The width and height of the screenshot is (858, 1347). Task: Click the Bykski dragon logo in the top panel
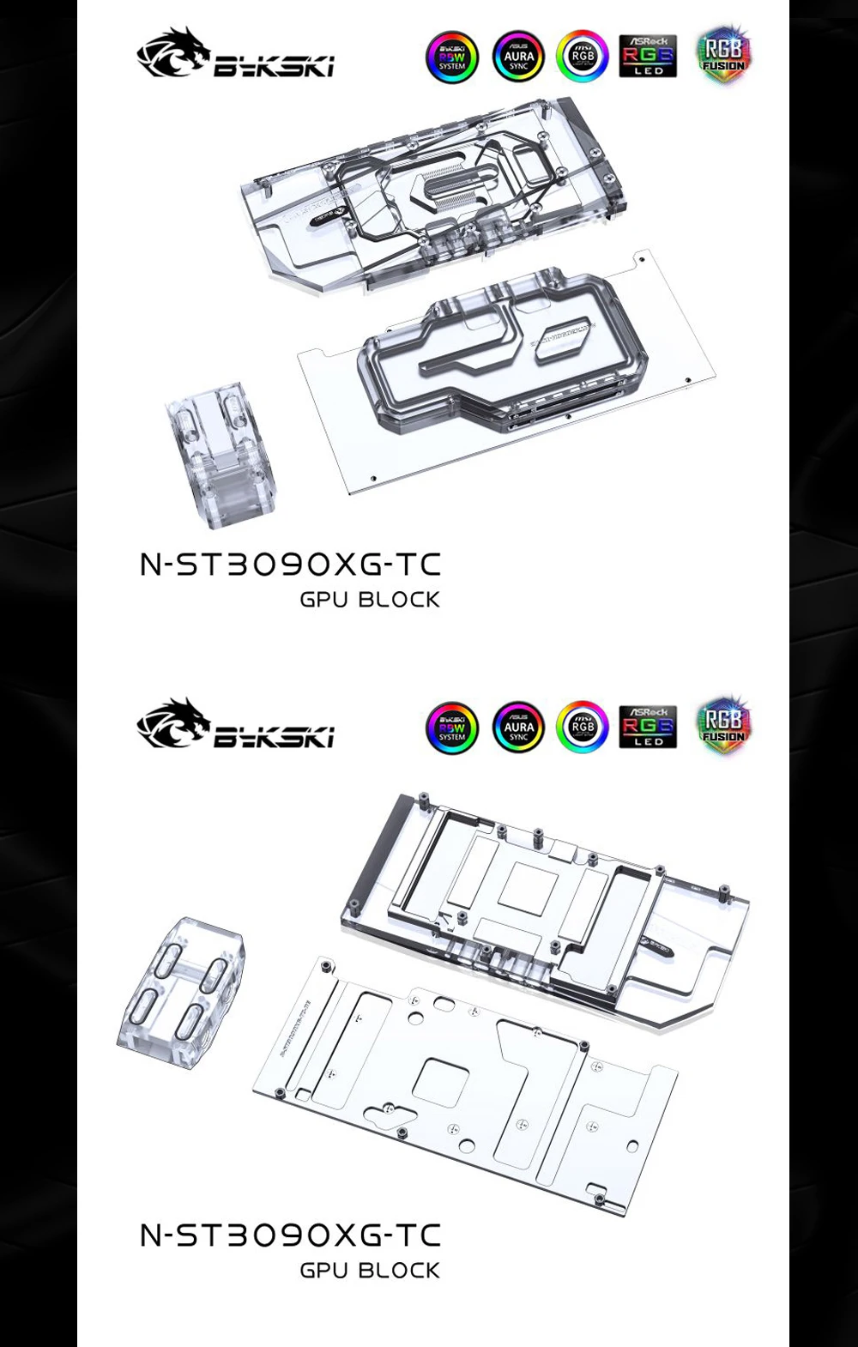(174, 52)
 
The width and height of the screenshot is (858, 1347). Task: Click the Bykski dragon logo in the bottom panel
(174, 723)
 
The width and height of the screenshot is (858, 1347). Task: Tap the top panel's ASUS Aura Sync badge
(518, 57)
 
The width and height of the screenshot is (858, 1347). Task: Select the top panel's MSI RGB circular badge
(583, 57)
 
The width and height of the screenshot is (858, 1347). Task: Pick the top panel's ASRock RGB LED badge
(648, 56)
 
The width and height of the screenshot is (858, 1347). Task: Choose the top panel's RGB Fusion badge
(723, 55)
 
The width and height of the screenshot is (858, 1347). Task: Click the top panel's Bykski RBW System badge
(452, 57)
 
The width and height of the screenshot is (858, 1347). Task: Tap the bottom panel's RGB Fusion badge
(723, 726)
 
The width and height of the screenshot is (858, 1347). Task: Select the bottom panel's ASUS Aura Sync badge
(518, 728)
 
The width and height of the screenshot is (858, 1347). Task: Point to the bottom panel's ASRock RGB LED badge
(648, 727)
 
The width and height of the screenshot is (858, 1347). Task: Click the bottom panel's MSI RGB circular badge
(583, 728)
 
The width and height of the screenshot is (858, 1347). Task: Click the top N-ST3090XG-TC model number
(290, 565)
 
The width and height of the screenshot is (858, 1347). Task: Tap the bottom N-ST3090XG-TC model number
(290, 1235)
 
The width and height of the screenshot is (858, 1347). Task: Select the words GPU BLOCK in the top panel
(370, 600)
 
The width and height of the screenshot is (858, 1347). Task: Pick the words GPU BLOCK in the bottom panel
(370, 1271)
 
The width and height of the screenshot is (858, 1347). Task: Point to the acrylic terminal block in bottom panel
(182, 992)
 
